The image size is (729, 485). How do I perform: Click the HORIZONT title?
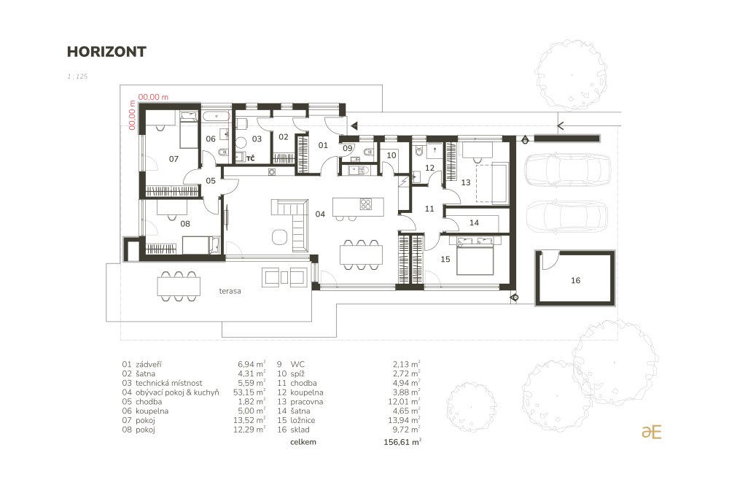click(106, 52)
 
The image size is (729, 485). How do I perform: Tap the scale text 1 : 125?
click(77, 77)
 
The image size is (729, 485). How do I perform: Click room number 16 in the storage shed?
click(576, 280)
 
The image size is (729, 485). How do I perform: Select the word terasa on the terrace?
click(230, 291)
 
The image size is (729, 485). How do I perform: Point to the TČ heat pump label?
click(250, 158)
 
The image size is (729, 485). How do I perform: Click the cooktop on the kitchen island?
click(366, 204)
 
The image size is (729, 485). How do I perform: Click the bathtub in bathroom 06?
click(217, 116)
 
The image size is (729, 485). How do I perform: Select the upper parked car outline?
click(567, 170)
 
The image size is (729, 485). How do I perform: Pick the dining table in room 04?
click(361, 255)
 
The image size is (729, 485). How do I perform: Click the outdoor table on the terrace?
click(179, 287)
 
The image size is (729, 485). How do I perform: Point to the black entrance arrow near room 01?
click(354, 125)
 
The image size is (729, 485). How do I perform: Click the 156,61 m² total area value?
click(402, 442)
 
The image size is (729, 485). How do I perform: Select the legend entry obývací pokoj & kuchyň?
click(177, 392)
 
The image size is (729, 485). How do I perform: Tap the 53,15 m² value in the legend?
click(249, 392)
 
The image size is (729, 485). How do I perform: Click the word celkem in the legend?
click(303, 442)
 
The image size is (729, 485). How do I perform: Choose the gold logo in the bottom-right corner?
click(651, 432)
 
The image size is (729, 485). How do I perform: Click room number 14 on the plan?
click(475, 222)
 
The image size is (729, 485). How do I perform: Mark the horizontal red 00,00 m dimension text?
click(153, 97)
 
